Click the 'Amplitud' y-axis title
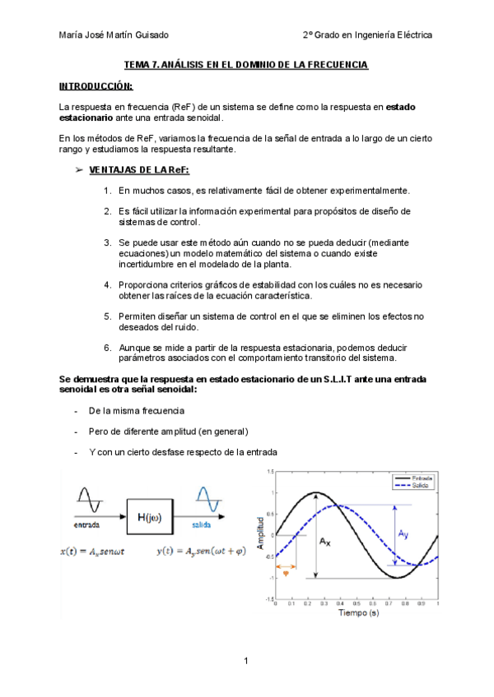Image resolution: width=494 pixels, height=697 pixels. point(261,534)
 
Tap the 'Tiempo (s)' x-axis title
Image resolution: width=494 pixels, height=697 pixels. point(356,612)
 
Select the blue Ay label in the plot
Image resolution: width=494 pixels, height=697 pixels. point(403,534)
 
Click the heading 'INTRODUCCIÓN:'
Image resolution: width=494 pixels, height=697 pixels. point(96,86)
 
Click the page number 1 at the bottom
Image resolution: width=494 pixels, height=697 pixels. point(246,661)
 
